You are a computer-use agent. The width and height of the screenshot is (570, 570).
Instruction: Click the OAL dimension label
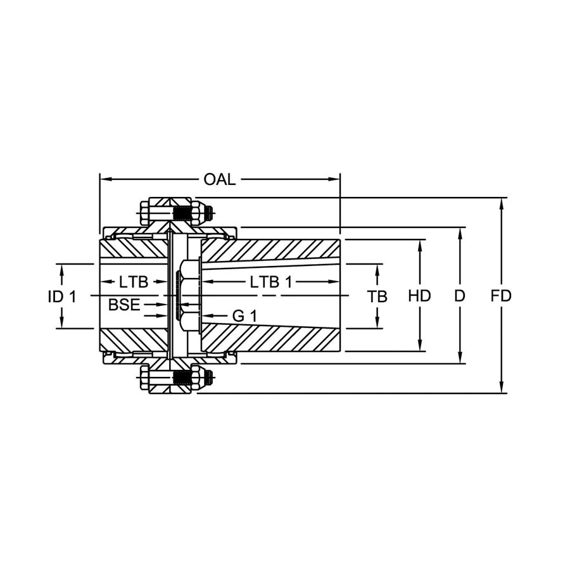(220, 179)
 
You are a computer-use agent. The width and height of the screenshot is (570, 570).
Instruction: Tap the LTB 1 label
(271, 282)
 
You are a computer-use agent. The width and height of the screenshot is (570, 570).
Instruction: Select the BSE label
(124, 305)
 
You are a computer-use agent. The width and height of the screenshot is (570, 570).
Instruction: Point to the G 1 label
(244, 316)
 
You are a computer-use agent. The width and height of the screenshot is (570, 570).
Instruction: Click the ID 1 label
(62, 296)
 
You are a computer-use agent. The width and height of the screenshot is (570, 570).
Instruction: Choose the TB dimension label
(377, 296)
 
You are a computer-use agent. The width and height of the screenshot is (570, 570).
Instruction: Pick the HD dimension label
(419, 296)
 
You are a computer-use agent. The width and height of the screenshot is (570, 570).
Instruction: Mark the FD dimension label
(501, 296)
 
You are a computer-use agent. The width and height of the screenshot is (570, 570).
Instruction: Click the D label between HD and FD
(460, 296)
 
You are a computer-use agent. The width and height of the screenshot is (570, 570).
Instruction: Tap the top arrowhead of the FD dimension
(502, 203)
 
